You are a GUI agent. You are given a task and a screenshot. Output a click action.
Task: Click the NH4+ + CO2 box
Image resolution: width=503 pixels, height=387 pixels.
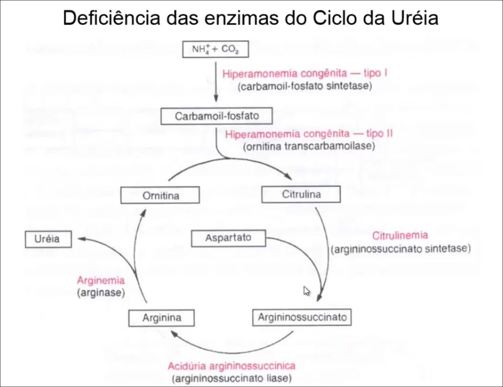tap(215, 49)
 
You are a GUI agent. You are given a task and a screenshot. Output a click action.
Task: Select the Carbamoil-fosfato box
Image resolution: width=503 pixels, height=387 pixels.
tap(216, 116)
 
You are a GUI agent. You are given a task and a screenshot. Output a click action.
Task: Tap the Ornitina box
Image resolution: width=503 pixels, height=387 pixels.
tap(160, 196)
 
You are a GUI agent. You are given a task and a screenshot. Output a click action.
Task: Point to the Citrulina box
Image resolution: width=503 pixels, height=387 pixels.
tap(301, 195)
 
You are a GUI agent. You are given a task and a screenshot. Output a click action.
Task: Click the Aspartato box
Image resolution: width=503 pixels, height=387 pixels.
tap(228, 238)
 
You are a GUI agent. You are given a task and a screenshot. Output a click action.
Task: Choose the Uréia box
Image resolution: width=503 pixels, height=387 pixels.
tap(48, 239)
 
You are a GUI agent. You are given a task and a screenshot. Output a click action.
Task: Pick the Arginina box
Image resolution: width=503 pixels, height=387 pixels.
tap(161, 318)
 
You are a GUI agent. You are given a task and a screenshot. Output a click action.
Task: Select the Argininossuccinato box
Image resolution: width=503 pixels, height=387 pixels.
tap(302, 317)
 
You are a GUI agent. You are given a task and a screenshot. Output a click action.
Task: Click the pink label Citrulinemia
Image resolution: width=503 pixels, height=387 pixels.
tap(400, 236)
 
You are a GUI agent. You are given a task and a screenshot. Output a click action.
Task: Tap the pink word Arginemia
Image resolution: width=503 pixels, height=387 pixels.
tap(101, 281)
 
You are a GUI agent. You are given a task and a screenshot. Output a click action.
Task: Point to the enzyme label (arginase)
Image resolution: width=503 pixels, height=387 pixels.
tap(101, 293)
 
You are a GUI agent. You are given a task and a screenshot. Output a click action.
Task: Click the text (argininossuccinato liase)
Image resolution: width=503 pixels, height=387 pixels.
tap(232, 378)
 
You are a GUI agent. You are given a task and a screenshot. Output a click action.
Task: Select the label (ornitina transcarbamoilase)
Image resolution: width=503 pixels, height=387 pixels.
tap(309, 146)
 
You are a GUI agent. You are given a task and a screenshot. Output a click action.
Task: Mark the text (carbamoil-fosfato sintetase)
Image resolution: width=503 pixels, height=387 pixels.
tap(305, 86)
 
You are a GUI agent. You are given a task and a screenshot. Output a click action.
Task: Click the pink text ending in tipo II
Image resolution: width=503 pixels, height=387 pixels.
tap(309, 134)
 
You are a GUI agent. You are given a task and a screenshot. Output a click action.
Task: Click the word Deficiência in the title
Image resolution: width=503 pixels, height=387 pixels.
tap(111, 18)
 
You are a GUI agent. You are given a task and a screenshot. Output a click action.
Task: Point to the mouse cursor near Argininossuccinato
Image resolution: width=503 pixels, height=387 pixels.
tap(306, 291)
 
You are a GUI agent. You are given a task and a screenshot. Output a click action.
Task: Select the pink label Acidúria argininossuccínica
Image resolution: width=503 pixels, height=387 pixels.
tap(232, 366)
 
